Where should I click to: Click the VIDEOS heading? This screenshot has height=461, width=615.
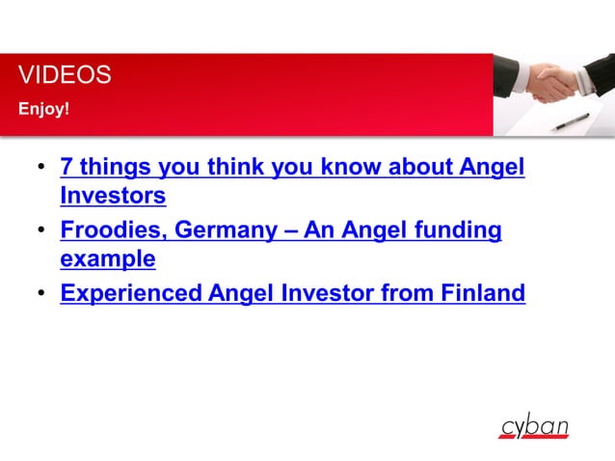[x=65, y=75]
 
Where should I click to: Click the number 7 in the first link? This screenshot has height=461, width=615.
[x=67, y=168]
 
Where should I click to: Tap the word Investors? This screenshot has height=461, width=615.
[x=113, y=196]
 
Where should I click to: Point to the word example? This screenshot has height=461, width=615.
[x=108, y=259]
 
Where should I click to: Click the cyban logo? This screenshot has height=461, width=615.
[x=533, y=426]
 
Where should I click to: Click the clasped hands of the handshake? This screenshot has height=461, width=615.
[x=553, y=83]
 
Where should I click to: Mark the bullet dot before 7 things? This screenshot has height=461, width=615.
[x=41, y=171]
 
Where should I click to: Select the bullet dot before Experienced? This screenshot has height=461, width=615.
[x=41, y=295]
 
